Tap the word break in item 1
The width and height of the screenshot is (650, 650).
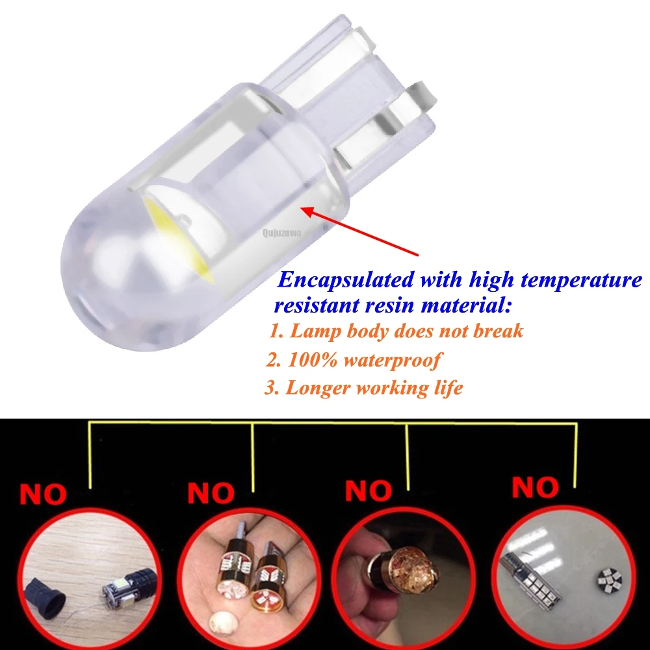tap(495, 331)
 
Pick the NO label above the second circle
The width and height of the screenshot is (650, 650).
tap(211, 493)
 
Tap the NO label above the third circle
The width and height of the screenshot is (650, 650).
tap(369, 491)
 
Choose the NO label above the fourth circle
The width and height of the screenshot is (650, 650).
tap(535, 487)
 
